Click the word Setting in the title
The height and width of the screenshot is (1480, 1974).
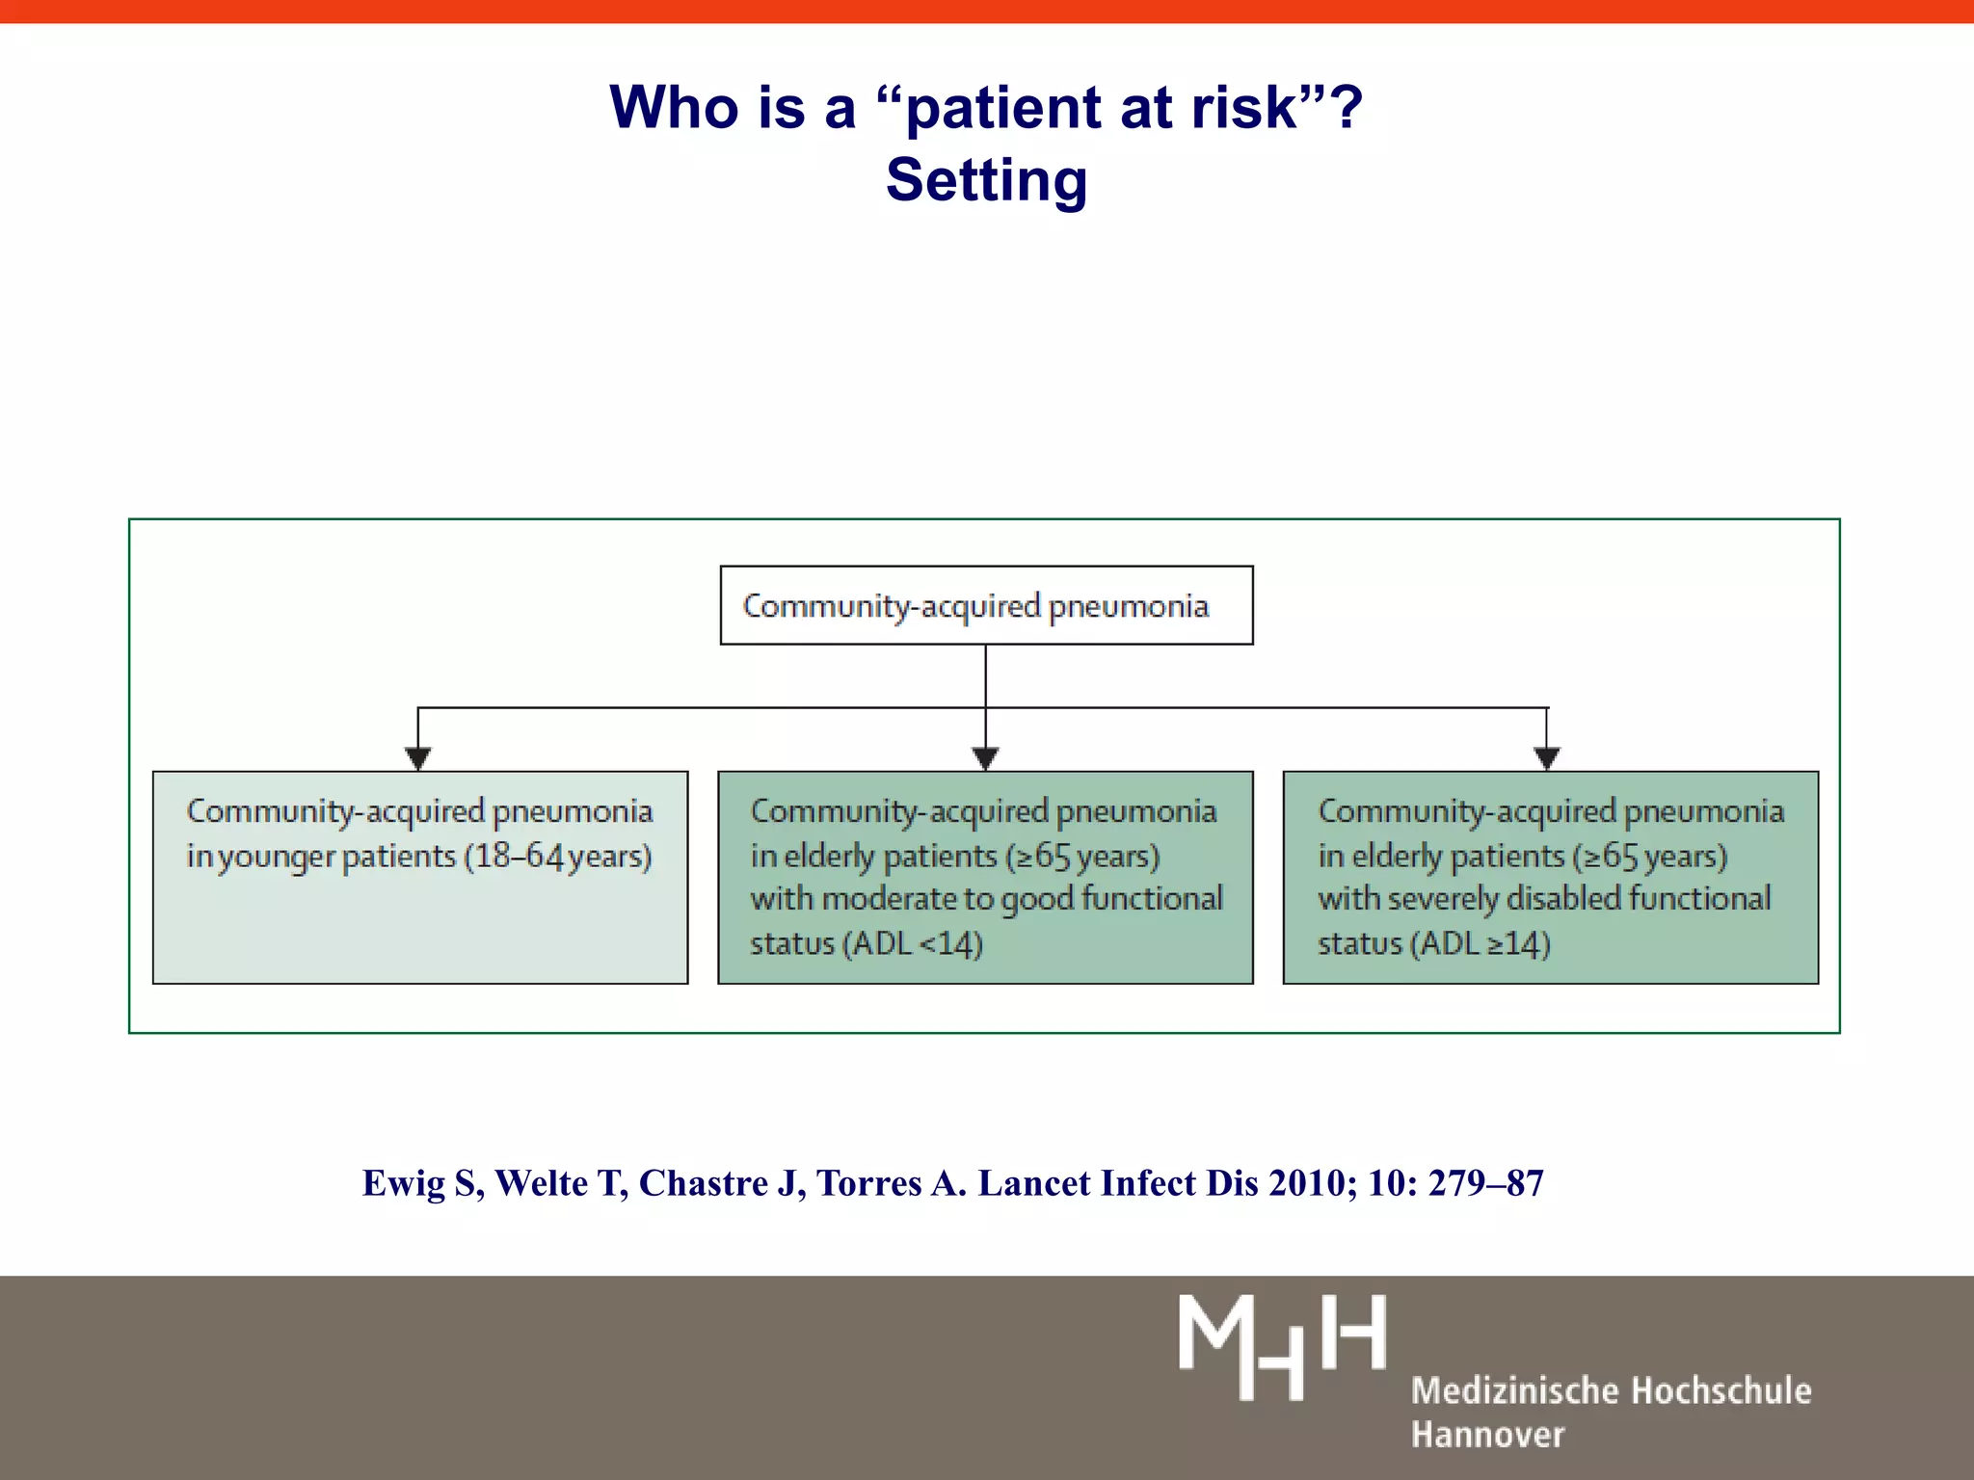tap(986, 180)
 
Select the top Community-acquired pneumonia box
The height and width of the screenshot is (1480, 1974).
tap(986, 605)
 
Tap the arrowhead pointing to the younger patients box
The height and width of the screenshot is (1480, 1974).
tap(417, 758)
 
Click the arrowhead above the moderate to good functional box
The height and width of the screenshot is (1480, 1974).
tap(985, 758)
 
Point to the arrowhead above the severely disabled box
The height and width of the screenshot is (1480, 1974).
tap(1547, 758)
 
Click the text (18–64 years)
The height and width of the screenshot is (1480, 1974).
tap(558, 856)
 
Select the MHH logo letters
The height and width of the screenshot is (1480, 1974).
tap(1282, 1346)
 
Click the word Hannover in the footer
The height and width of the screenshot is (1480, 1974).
tap(1487, 1435)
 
